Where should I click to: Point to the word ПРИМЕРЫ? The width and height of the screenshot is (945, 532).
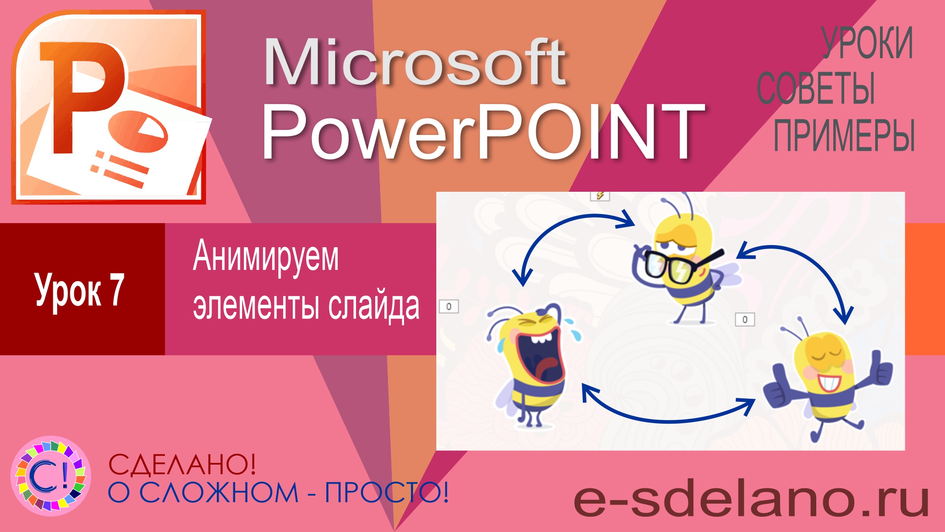[x=844, y=135]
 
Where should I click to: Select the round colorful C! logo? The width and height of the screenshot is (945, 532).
[x=51, y=476]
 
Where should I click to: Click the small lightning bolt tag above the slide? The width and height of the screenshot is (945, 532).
[x=599, y=196]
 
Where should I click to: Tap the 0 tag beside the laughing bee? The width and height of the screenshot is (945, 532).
[x=449, y=307]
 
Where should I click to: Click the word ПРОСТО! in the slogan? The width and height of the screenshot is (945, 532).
[x=387, y=493]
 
